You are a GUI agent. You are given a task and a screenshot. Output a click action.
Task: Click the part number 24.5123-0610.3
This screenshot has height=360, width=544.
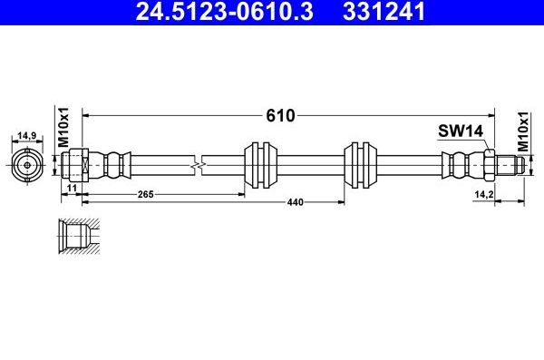click(225, 11)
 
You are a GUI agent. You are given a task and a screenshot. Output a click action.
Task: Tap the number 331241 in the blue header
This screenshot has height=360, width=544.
click(384, 11)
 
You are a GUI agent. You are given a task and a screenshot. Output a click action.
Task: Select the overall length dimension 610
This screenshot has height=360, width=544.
click(280, 115)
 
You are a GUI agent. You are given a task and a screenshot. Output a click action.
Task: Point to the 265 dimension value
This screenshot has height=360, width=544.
click(145, 194)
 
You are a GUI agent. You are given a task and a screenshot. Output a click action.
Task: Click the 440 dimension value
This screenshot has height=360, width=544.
click(295, 202)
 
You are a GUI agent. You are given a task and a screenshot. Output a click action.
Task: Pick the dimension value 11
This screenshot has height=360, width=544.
click(72, 188)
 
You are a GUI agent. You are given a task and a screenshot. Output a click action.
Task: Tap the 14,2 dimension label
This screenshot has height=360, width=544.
click(484, 194)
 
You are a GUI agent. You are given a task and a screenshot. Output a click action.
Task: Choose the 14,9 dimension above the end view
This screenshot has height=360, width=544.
click(27, 136)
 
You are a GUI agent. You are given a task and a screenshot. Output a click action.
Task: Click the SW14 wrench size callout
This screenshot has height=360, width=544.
click(461, 131)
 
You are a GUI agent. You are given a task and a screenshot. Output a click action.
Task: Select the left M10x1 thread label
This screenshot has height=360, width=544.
click(63, 127)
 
